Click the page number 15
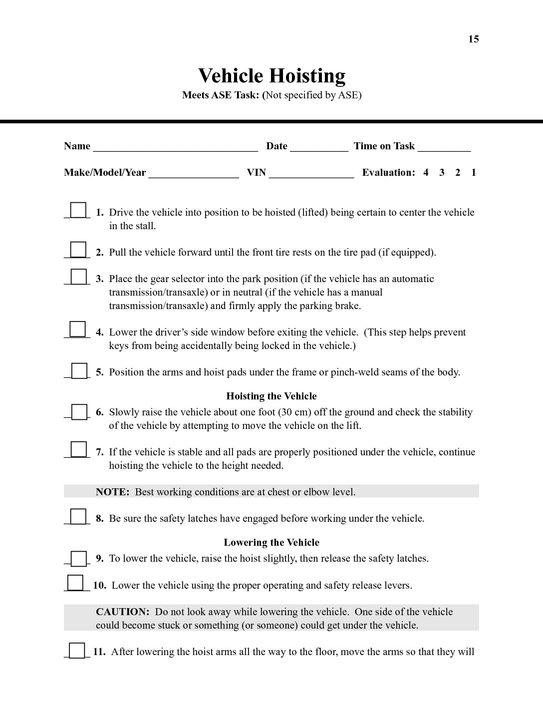[473, 39]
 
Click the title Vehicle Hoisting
[271, 75]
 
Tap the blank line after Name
[175, 148]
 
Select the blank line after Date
[318, 148]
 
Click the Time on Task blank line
[444, 148]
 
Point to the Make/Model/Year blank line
[193, 174]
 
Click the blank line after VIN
[311, 174]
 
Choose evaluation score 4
[426, 172]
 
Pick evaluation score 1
[473, 172]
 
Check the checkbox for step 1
[78, 210]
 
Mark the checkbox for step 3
[78, 276]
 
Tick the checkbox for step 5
[79, 370]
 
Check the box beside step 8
[78, 516]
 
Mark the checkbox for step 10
[75, 583]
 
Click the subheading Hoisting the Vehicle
[271, 396]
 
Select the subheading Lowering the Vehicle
[271, 542]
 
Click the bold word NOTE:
[112, 492]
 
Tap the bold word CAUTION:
[122, 612]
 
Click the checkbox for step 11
[77, 651]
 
